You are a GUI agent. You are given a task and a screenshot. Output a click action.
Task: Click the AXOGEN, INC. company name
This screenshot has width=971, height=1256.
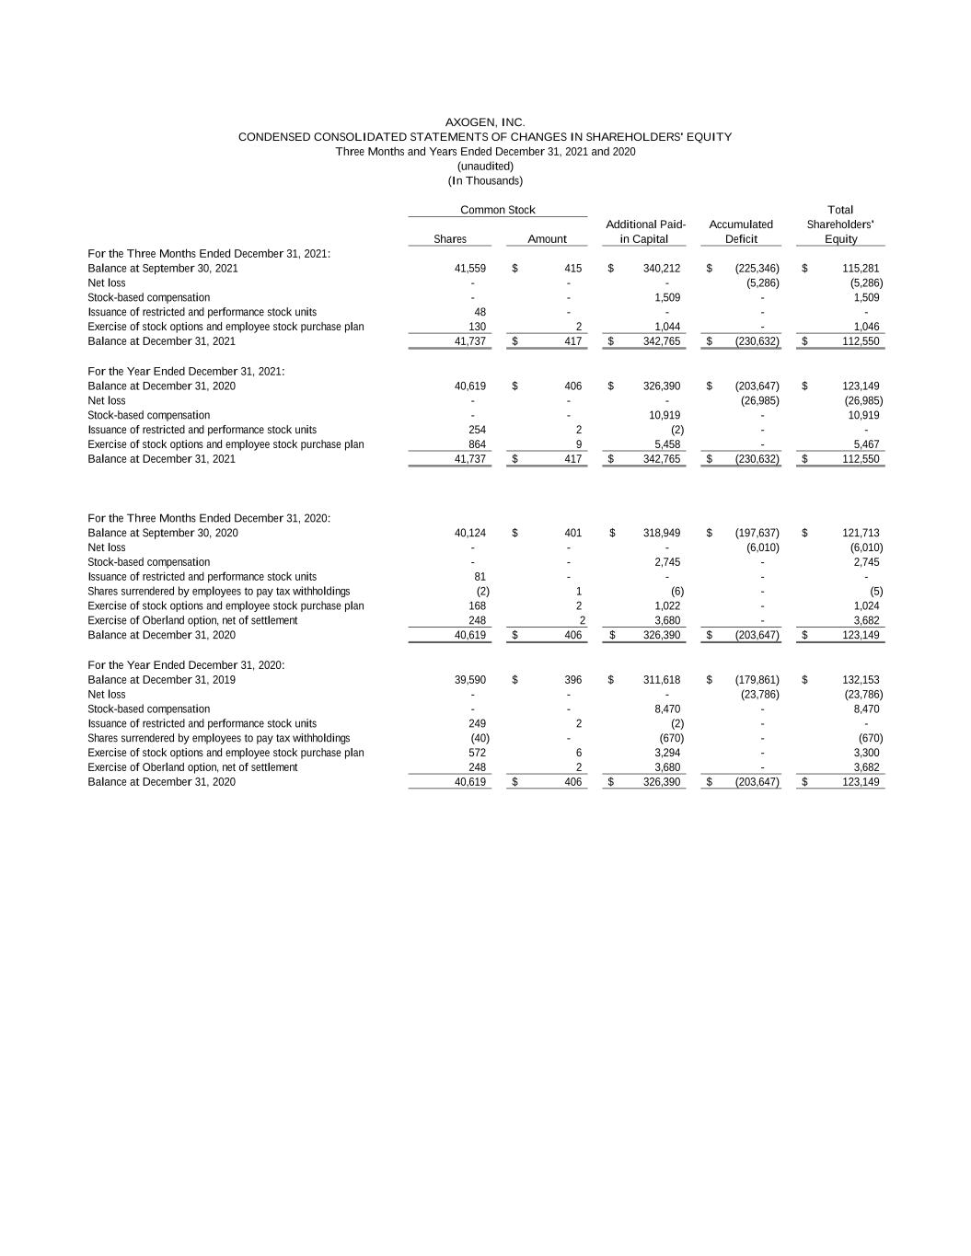485,122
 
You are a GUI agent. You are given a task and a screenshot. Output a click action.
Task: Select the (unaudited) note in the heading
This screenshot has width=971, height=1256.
485,167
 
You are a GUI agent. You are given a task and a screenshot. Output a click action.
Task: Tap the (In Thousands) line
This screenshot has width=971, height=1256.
485,181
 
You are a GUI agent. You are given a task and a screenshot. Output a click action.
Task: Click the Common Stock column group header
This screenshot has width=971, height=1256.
497,211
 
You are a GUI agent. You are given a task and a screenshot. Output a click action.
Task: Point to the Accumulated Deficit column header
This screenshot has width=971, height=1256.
741,232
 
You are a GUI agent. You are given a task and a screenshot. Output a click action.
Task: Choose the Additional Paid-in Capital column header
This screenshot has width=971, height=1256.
645,232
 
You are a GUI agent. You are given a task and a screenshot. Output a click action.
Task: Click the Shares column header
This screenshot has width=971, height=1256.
450,239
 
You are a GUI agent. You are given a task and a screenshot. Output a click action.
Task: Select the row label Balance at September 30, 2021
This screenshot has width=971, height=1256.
163,269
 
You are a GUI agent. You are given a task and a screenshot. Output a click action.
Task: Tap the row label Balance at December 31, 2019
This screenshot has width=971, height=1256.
161,680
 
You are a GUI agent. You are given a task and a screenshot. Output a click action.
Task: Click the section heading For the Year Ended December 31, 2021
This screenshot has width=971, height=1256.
186,372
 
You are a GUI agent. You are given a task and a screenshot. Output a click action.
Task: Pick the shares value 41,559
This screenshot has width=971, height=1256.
470,269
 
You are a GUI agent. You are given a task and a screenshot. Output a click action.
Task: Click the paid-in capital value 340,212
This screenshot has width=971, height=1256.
662,269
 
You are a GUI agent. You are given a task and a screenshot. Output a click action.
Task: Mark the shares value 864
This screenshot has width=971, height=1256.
478,444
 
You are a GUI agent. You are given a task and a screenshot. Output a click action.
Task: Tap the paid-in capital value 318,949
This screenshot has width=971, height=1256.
662,533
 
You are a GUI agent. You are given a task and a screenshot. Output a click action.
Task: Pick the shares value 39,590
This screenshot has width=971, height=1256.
470,680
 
